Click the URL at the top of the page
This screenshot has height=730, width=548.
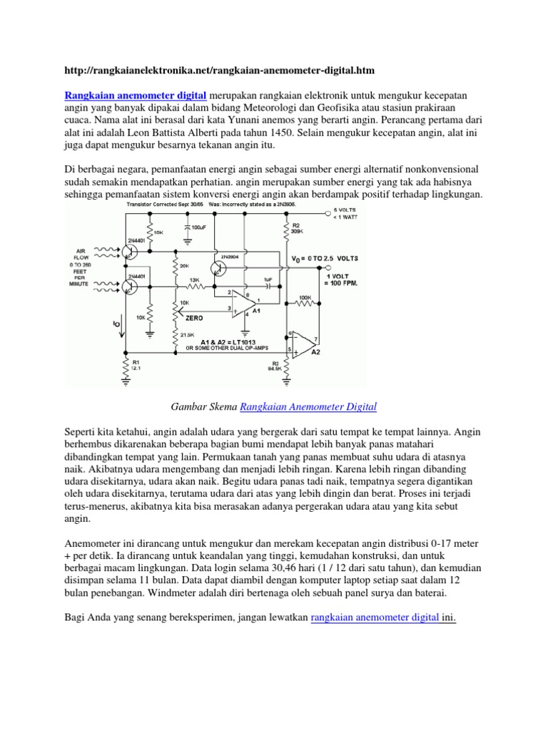coord(219,71)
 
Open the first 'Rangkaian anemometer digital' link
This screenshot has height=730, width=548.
coord(136,95)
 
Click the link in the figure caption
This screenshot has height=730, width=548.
coord(308,407)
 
